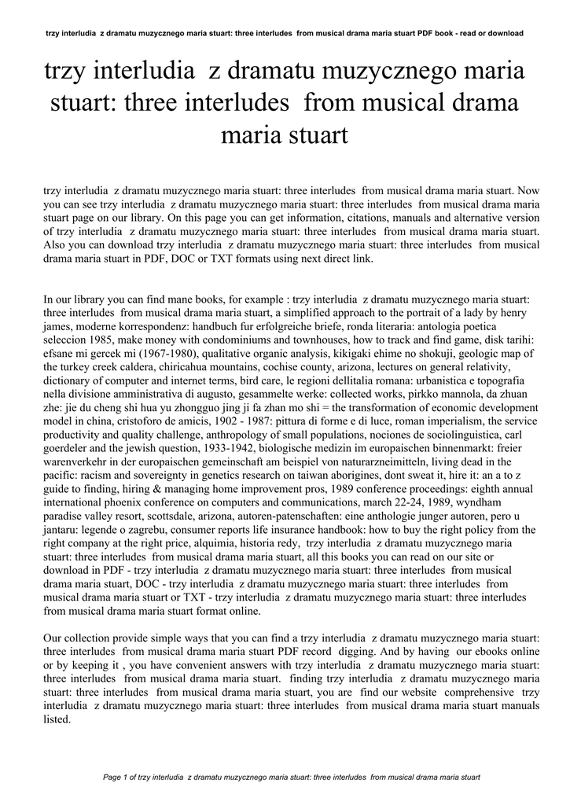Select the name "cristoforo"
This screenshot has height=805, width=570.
pos(112,421)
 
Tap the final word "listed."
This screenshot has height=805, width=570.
pos(57,719)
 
